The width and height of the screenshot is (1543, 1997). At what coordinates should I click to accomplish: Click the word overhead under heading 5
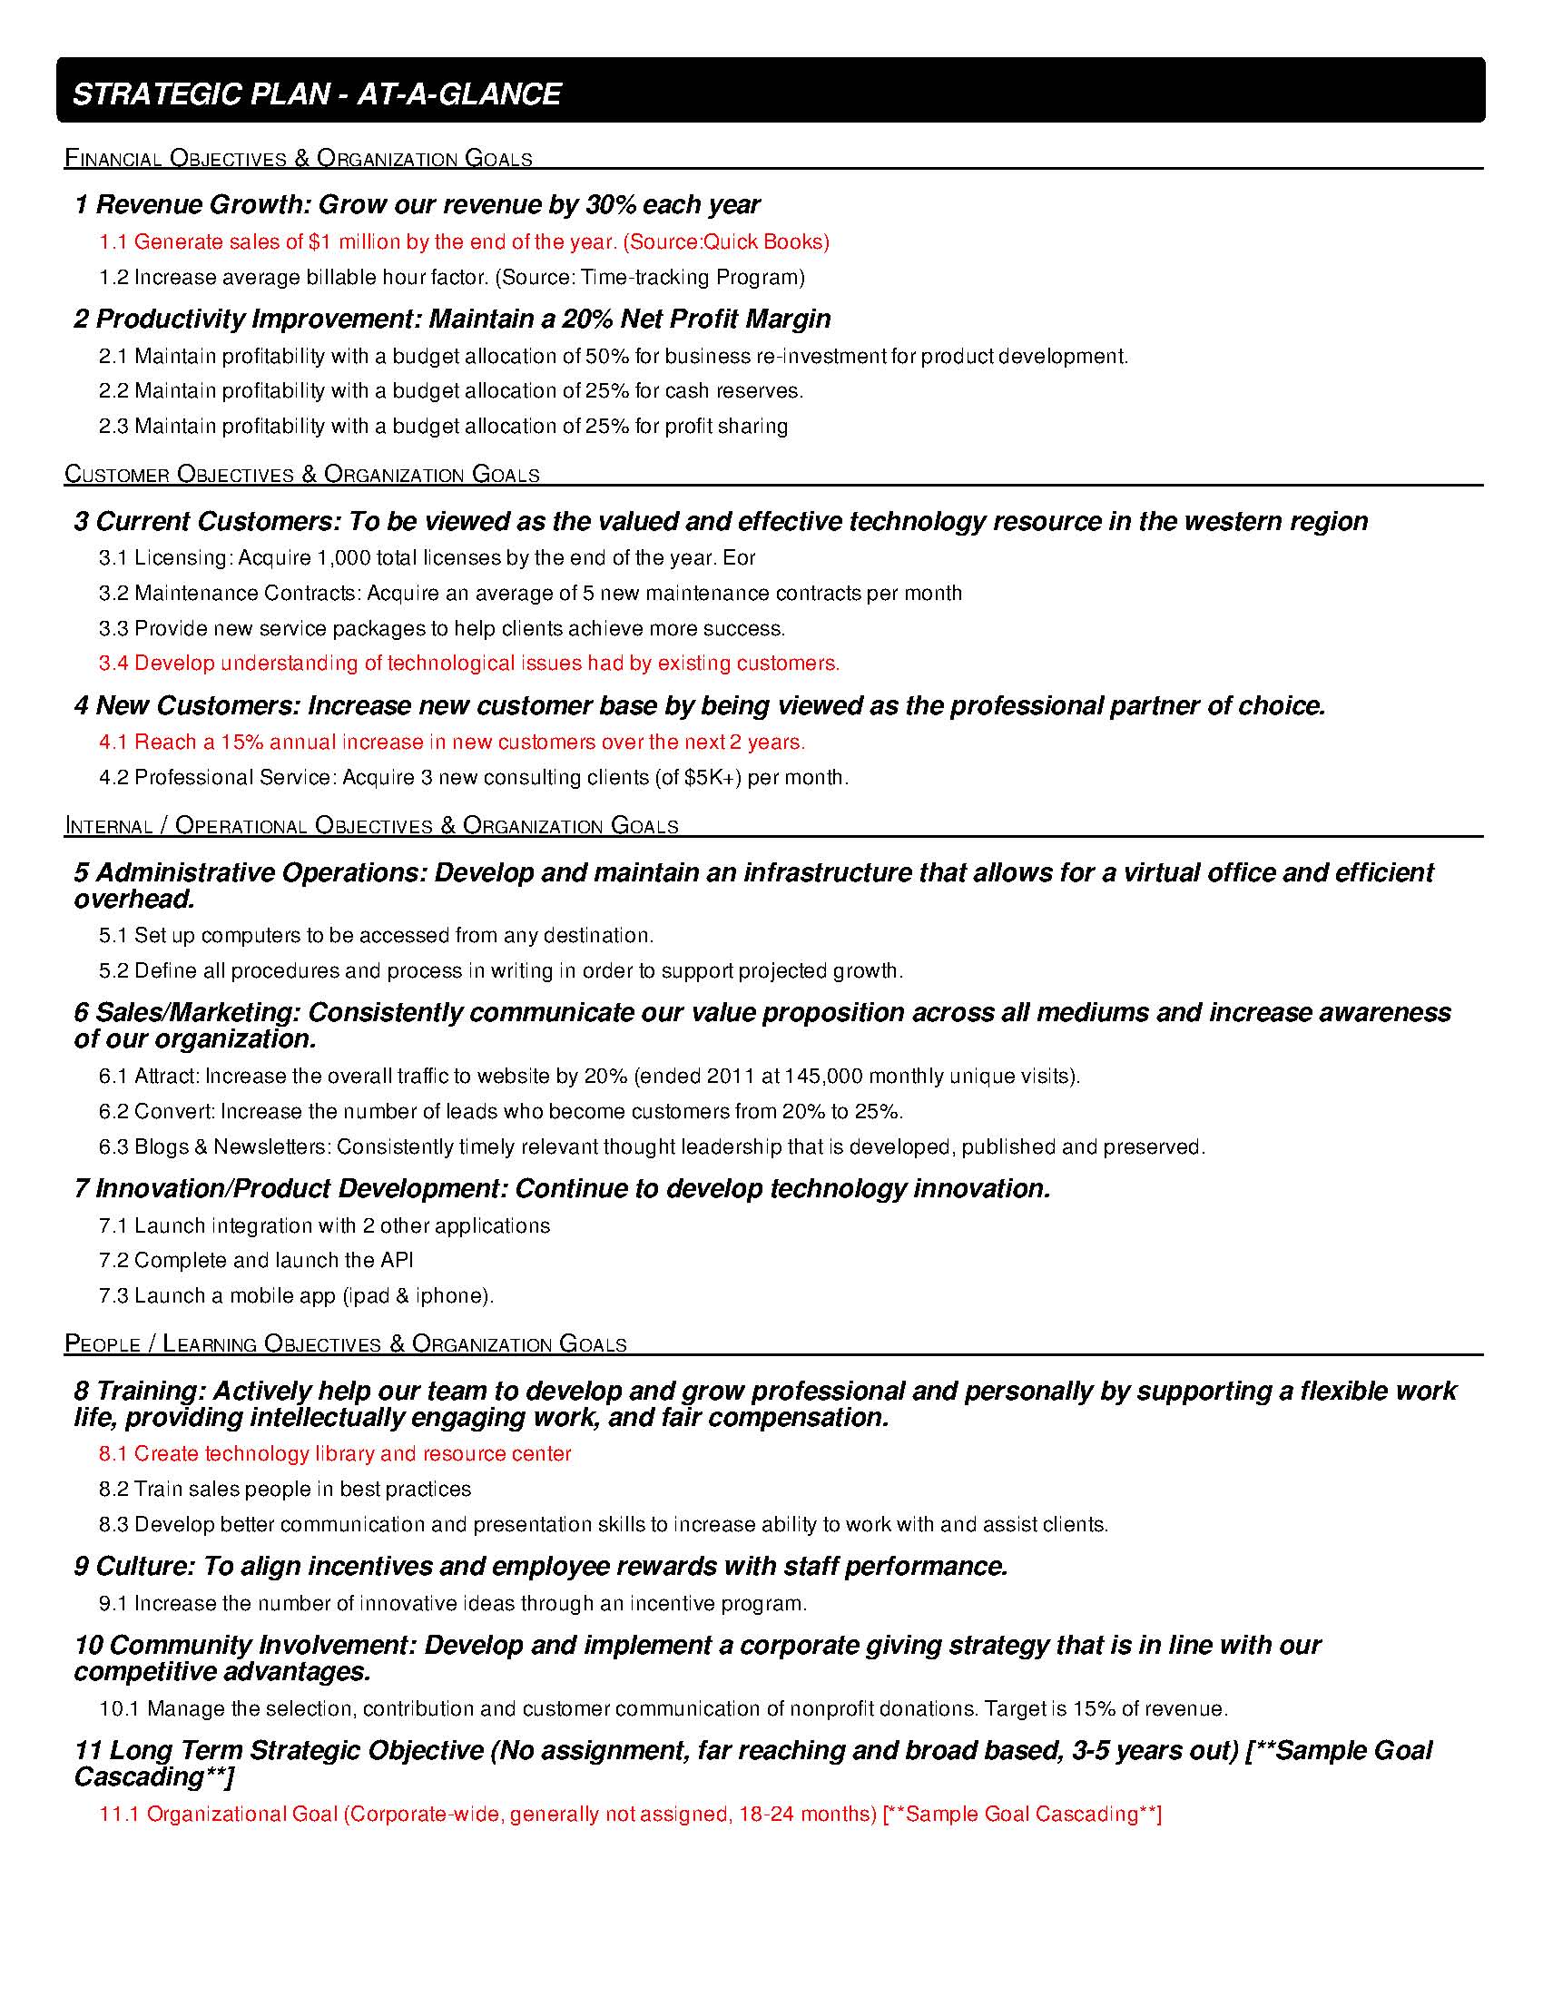coord(134,900)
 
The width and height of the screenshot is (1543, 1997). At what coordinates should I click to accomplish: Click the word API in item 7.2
coord(397,1261)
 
